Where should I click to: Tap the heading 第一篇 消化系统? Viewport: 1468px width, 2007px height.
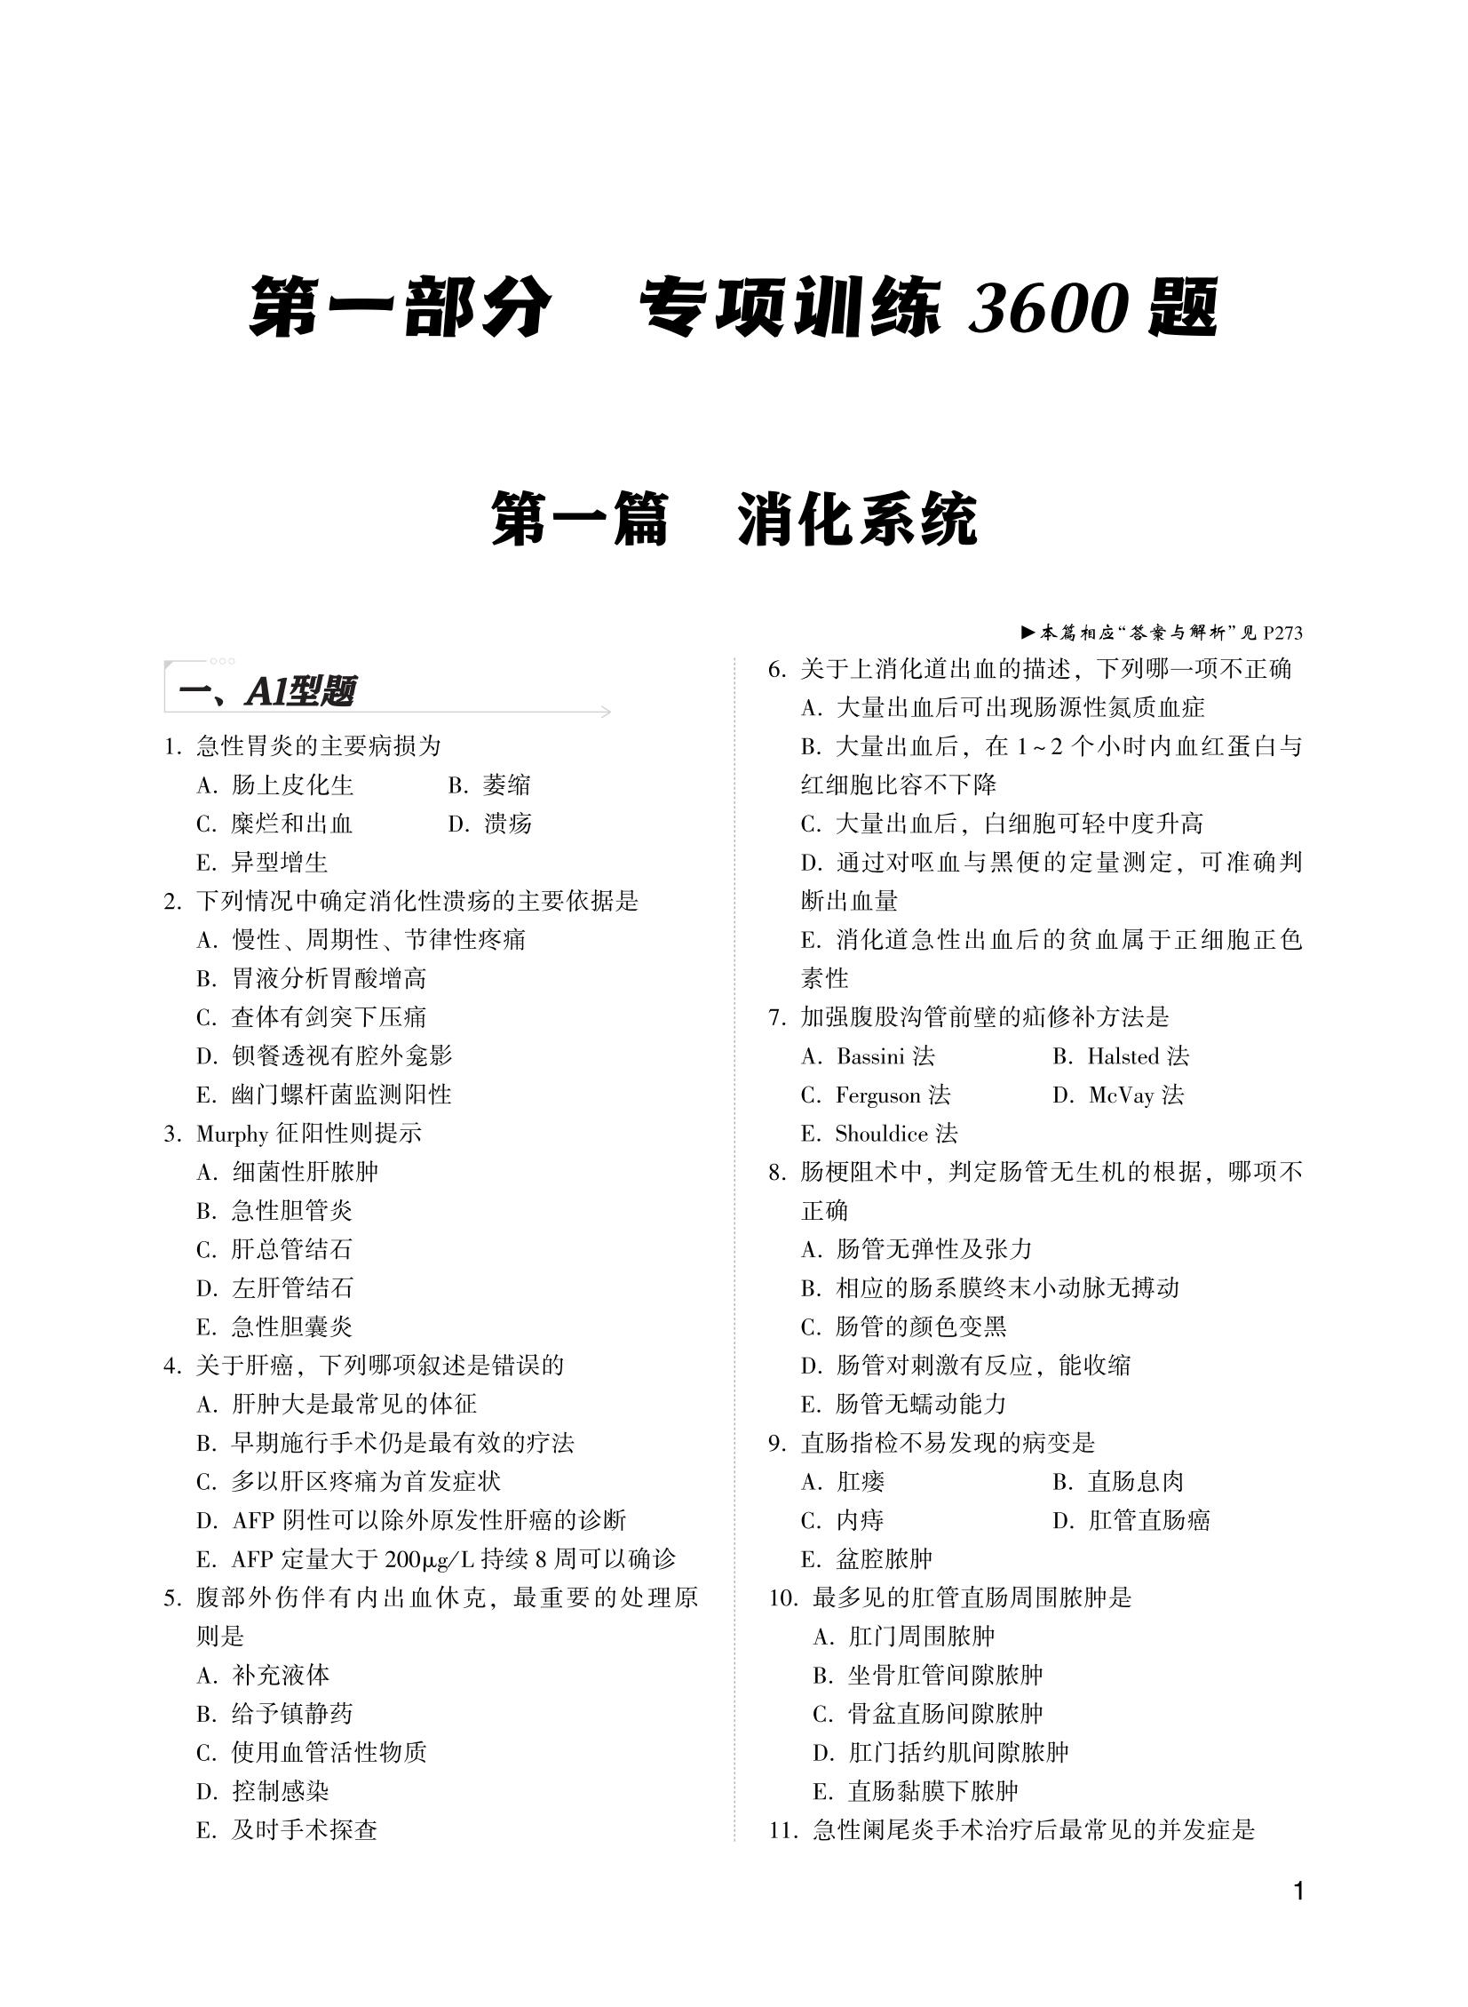[x=733, y=520]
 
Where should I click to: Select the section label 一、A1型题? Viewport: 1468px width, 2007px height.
[x=266, y=691]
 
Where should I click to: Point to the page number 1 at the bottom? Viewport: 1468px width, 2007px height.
[x=1299, y=1891]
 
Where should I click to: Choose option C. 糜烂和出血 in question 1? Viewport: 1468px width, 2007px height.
[x=274, y=824]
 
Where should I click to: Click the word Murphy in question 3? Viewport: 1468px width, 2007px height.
[x=232, y=1135]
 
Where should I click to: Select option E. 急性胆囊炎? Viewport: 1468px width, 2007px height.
[x=274, y=1327]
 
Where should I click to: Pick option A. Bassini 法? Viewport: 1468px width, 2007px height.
[x=869, y=1057]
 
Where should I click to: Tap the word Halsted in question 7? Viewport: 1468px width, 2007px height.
[x=1123, y=1057]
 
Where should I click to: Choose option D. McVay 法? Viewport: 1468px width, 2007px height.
[x=1119, y=1095]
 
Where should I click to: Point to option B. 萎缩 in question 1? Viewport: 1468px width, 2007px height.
[x=489, y=784]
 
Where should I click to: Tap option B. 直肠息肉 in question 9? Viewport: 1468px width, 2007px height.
[x=1131, y=1482]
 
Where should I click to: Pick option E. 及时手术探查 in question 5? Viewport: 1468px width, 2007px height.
[x=287, y=1829]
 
